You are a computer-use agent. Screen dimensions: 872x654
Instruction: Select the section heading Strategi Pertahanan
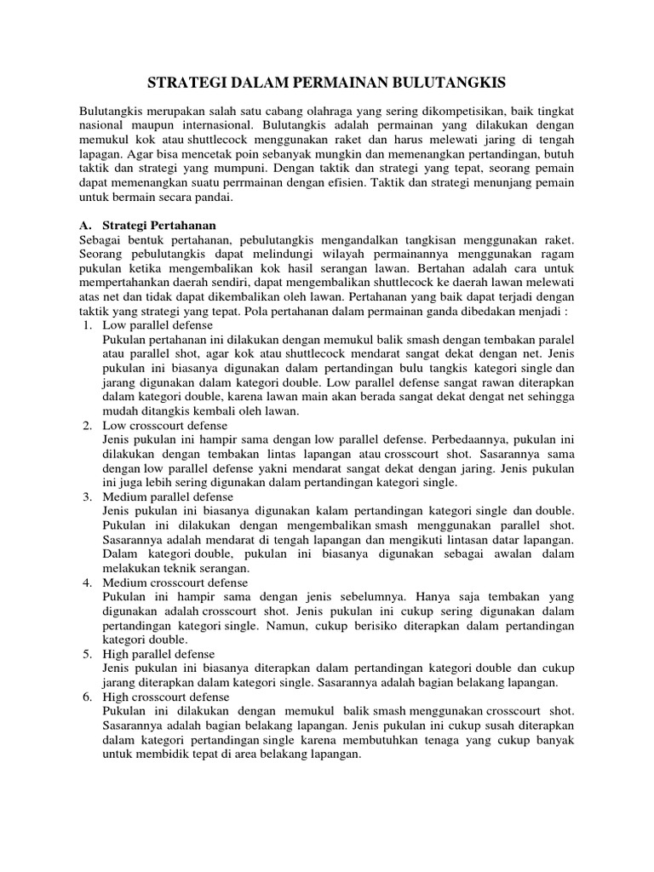tap(158, 226)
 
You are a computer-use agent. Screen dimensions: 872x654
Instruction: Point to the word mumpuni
tap(225, 169)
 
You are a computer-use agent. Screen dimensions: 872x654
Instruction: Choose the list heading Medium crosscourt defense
tap(175, 582)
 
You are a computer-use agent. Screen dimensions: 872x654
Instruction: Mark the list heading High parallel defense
tap(158, 654)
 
